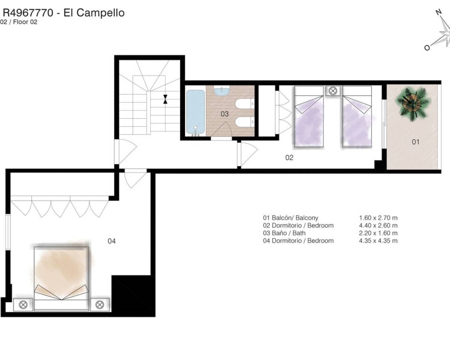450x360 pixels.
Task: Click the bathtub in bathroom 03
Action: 195,112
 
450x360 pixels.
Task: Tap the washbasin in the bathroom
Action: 221,91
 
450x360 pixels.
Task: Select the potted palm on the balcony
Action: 412,104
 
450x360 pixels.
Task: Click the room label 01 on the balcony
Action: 416,142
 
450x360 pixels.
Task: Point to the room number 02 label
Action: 289,157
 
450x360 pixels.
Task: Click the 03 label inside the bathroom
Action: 225,114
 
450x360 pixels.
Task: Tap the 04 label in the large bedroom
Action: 111,241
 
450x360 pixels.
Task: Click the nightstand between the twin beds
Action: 333,91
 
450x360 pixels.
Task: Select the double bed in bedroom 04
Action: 62,278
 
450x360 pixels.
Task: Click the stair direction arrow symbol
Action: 165,99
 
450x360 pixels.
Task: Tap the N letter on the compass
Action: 439,12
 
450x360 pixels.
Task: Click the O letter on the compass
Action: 427,48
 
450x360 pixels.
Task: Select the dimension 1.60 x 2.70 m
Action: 378,218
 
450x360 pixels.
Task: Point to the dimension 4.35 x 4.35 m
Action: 378,241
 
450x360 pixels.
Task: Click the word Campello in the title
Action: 101,13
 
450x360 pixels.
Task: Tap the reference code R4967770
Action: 28,13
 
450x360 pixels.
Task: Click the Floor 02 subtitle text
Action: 25,22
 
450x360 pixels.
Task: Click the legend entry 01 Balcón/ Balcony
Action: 290,218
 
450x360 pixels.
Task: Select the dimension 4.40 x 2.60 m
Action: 378,225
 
